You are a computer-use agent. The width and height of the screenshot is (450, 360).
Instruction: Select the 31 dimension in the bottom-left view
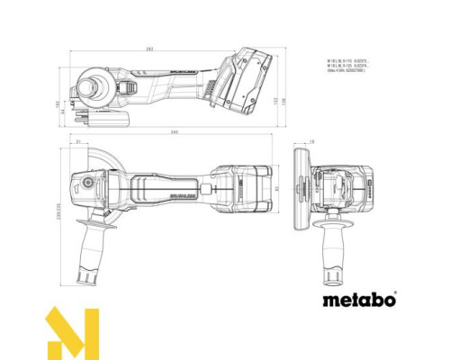click(x=78, y=143)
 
